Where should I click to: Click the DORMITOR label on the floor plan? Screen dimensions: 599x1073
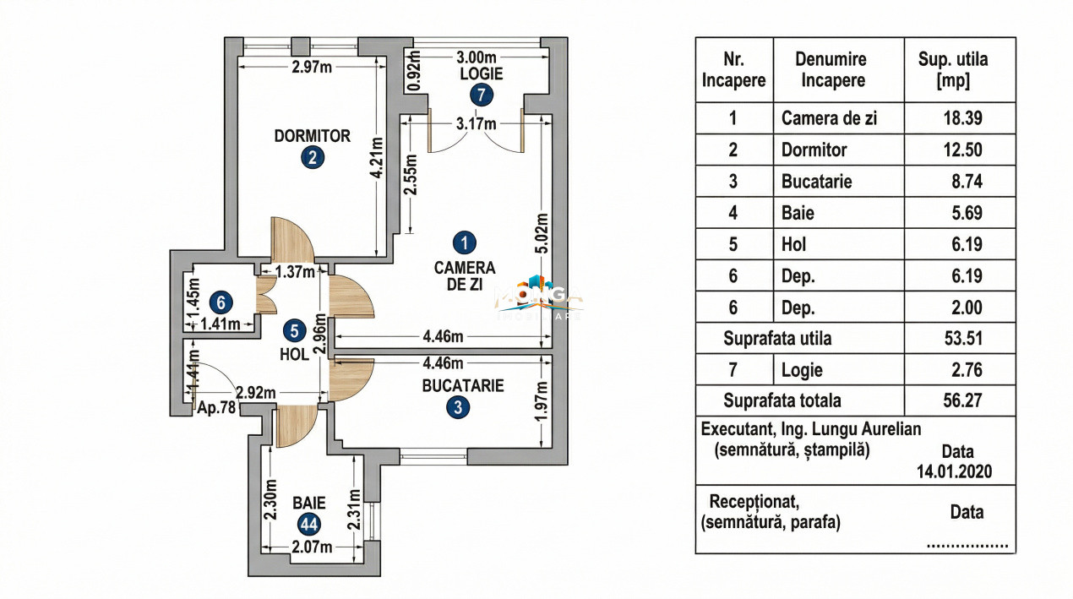pyautogui.click(x=312, y=135)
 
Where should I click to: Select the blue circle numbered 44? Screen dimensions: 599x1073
pyautogui.click(x=308, y=524)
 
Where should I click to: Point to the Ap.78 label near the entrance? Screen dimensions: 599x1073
pyautogui.click(x=215, y=407)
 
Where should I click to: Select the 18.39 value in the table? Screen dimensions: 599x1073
pyautogui.click(x=963, y=118)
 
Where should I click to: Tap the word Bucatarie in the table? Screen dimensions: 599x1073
pyautogui.click(x=816, y=182)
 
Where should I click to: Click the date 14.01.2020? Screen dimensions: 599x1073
pyautogui.click(x=954, y=471)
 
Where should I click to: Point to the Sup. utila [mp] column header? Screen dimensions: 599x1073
pyautogui.click(x=953, y=70)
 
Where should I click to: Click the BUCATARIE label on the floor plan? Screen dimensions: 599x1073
pyautogui.click(x=463, y=386)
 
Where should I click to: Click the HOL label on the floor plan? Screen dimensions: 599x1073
pyautogui.click(x=294, y=356)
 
